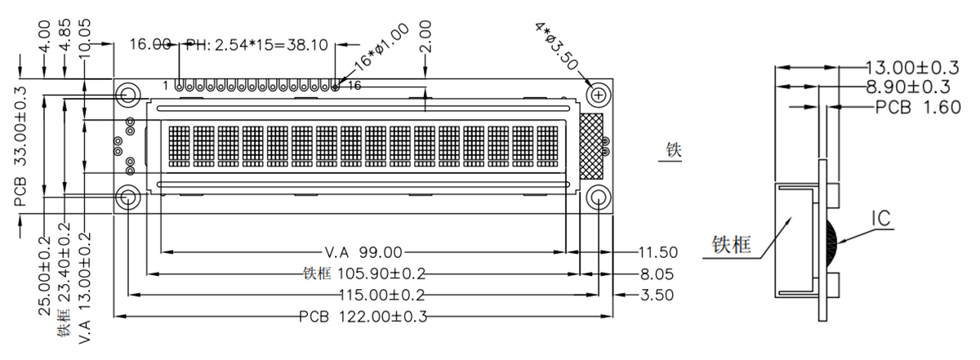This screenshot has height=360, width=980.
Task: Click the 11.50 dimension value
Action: pos(658,251)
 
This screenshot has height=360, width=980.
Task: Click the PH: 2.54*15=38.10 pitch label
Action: pos(256,44)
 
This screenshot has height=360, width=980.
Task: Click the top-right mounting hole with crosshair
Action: pos(599,96)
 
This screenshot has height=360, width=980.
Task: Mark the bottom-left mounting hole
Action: pos(128,198)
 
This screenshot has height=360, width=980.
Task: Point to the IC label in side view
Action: pos(880,218)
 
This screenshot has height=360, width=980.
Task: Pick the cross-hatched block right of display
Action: pos(590,145)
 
